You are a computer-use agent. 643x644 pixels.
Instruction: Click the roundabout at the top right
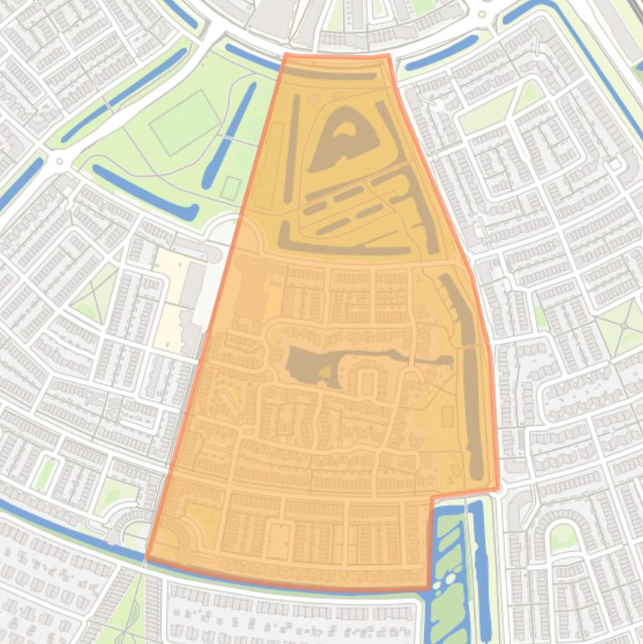482,14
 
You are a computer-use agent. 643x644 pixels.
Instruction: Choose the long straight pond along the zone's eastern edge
472,410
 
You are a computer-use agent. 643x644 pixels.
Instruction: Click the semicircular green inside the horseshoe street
563,535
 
